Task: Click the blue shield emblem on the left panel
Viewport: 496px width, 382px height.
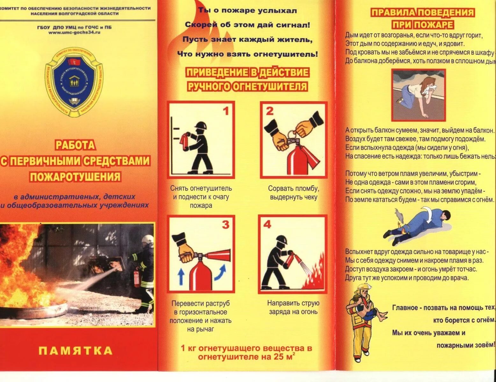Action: click(x=74, y=82)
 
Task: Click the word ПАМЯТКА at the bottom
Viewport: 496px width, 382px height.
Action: click(x=75, y=351)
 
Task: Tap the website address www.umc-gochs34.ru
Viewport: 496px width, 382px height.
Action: click(x=75, y=32)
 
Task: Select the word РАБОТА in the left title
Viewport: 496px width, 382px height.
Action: click(x=75, y=145)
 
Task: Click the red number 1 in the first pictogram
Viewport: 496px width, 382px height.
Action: click(x=226, y=111)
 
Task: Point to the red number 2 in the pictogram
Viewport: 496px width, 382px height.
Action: click(x=270, y=111)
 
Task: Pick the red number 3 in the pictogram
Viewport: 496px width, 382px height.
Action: click(x=226, y=225)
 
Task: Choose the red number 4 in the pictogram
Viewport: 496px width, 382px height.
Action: click(x=267, y=224)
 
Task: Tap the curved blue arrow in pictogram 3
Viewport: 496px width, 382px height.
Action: click(x=220, y=273)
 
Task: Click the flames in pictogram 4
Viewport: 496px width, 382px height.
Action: click(x=314, y=277)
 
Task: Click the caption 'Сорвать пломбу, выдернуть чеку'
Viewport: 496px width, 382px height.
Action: click(x=293, y=193)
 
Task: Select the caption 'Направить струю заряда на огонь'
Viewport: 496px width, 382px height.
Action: click(x=293, y=308)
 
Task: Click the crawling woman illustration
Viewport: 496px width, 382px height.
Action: click(x=418, y=95)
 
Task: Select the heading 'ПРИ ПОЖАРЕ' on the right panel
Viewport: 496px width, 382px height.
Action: click(x=422, y=25)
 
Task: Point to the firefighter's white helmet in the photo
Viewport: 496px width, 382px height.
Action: click(x=147, y=239)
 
